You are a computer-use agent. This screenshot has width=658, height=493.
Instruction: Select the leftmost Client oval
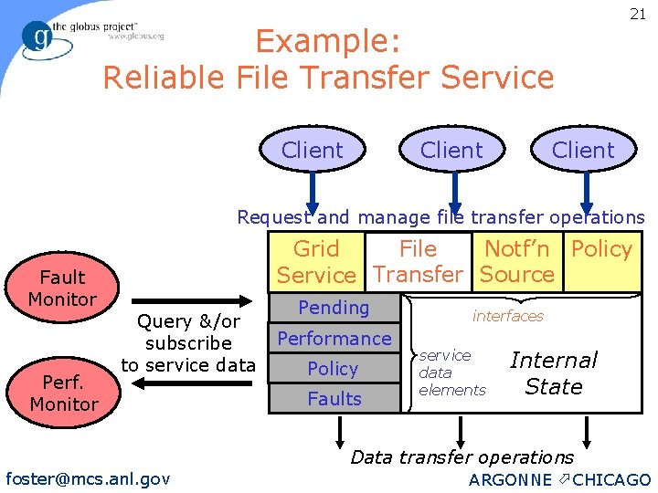click(313, 150)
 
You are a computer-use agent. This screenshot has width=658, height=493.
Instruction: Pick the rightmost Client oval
click(583, 150)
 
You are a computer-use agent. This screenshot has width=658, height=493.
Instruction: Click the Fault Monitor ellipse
click(62, 288)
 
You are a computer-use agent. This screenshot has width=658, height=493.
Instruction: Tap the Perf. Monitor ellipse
click(63, 393)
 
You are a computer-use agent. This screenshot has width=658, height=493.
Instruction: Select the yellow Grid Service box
click(316, 262)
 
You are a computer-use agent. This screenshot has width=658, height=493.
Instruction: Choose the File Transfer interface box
click(418, 262)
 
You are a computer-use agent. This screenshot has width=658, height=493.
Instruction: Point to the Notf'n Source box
click(517, 262)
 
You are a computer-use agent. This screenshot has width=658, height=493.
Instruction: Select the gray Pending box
click(334, 309)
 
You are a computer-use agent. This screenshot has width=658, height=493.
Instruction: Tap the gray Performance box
click(334, 339)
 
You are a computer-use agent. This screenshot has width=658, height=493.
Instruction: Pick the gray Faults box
click(334, 399)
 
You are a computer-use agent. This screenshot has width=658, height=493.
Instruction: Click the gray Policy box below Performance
click(333, 369)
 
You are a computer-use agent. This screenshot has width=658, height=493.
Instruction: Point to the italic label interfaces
click(507, 316)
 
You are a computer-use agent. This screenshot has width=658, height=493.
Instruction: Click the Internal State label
click(554, 373)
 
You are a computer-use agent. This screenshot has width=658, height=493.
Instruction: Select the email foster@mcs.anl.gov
click(88, 478)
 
